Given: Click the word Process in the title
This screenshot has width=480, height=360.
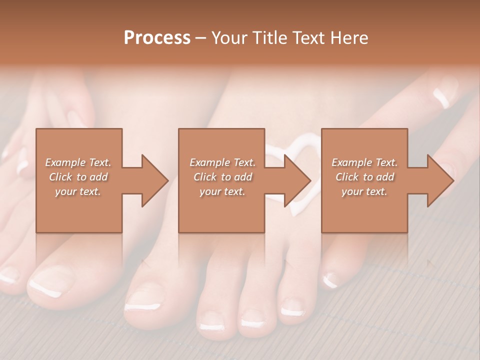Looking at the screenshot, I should pos(157,38).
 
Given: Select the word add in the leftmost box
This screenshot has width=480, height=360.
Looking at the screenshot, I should pos(99,177).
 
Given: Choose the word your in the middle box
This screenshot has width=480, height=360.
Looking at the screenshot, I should pos(210,192).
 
